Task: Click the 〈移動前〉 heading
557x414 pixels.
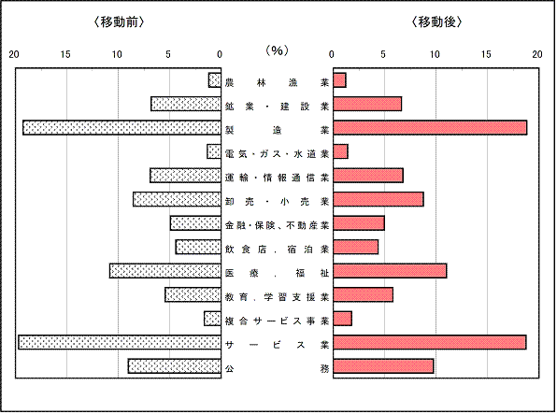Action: pos(119,22)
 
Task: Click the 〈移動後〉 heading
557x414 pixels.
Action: pos(436,22)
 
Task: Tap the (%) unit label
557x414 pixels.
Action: pos(277,50)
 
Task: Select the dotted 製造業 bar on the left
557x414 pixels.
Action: pos(121,128)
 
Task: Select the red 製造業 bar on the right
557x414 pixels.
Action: pos(430,128)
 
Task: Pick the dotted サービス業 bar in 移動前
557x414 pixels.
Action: pos(120,342)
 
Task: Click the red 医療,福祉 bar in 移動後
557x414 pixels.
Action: pos(390,271)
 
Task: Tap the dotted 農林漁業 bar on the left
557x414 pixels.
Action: pos(215,80)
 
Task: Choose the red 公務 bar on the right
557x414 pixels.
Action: pos(383,366)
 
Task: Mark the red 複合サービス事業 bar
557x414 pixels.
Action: pos(342,319)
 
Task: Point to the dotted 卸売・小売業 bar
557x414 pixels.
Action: pos(177,199)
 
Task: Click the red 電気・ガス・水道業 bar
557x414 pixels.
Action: pos(341,151)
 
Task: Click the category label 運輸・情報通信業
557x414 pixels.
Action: pos(277,178)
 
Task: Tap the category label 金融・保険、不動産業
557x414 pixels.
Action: pos(277,225)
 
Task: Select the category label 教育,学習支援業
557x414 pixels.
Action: pos(277,297)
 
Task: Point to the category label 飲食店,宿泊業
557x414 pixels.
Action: pos(277,250)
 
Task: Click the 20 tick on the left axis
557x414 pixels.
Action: pos(14,54)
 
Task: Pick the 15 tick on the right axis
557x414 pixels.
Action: pos(486,54)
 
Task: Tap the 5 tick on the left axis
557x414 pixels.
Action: pos(168,54)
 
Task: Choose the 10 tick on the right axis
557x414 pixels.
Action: pos(435,54)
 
